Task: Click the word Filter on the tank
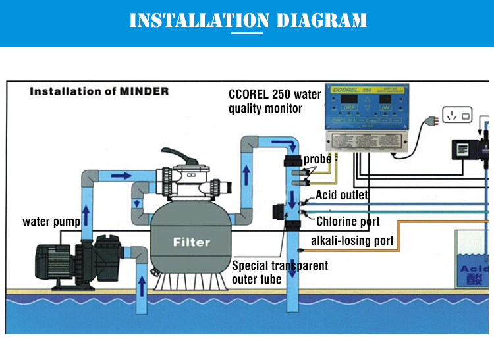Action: [191, 242]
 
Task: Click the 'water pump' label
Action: [51, 221]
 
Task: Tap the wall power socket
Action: [456, 115]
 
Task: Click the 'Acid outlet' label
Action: [342, 195]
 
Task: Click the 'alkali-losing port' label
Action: [352, 240]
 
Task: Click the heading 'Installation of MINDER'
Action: [99, 91]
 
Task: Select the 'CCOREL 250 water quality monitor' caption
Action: [275, 101]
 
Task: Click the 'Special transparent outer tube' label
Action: [279, 272]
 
